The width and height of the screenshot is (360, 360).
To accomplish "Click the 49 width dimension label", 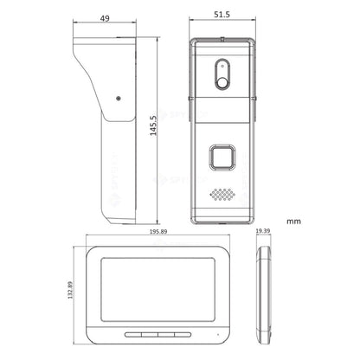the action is [105, 18].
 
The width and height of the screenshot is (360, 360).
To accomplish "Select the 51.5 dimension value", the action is [222, 15].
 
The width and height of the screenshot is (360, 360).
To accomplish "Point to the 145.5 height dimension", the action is [153, 125].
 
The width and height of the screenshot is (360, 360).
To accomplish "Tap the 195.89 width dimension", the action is [158, 232].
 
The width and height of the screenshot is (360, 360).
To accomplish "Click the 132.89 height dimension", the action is [70, 290].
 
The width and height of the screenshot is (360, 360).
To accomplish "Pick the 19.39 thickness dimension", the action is [263, 231].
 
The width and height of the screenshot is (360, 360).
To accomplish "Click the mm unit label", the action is [293, 222].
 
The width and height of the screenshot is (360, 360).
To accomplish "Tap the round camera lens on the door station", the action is [222, 83].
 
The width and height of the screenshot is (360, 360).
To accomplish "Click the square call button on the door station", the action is [222, 157].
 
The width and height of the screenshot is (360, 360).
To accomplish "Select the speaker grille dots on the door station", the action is [222, 195].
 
